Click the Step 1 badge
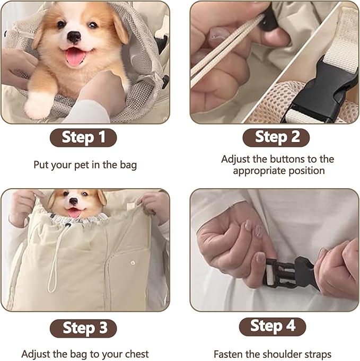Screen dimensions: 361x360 pyautogui.click(x=83, y=137)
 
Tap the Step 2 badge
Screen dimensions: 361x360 pyautogui.click(x=276, y=137)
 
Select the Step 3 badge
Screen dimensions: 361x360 pyautogui.click(x=84, y=328)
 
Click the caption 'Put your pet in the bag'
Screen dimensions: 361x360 pyautogui.click(x=85, y=165)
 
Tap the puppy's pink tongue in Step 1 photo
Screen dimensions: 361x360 pyautogui.click(x=75, y=56)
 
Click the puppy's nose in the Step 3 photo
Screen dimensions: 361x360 pyautogui.click(x=73, y=202)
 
